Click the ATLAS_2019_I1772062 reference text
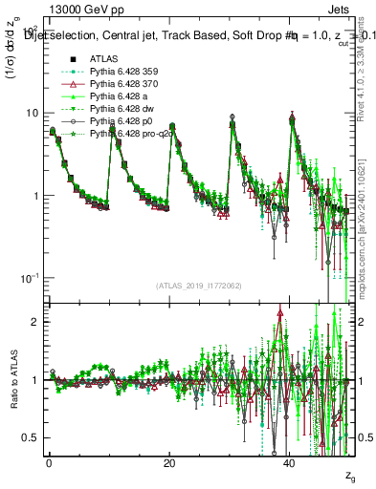[199, 285]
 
